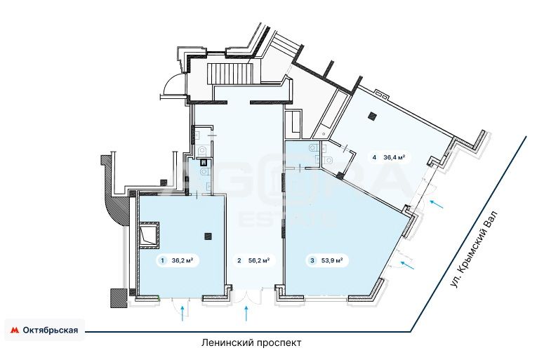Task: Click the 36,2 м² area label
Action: pos(182,260)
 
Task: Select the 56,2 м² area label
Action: pos(259,260)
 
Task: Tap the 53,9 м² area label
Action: pos(333,260)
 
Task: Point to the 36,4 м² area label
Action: pos(394,157)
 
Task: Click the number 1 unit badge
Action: pos(162,260)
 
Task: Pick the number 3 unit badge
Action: pos(312,260)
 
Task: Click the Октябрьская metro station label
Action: pos(51,330)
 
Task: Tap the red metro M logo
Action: pos(15,330)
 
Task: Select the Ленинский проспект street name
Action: pos(251,343)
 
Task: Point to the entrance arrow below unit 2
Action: pos(246,314)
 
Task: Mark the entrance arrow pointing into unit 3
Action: pos(407,265)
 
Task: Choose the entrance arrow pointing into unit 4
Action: pos(437,204)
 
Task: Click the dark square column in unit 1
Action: pos(208,236)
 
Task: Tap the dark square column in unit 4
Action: pos(373,117)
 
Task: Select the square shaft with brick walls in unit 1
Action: pos(150,236)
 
